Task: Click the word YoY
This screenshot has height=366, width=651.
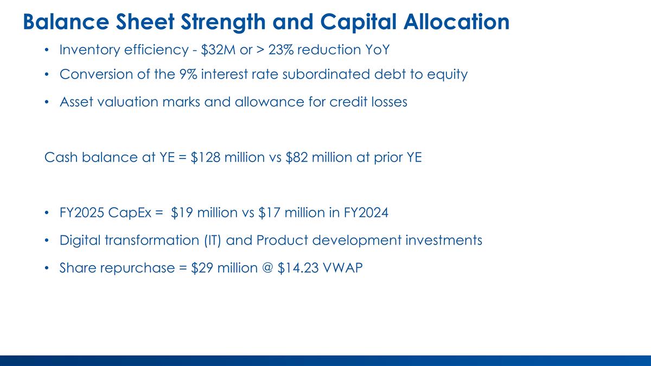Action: click(x=376, y=50)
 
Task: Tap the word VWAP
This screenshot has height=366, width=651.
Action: click(x=343, y=268)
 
